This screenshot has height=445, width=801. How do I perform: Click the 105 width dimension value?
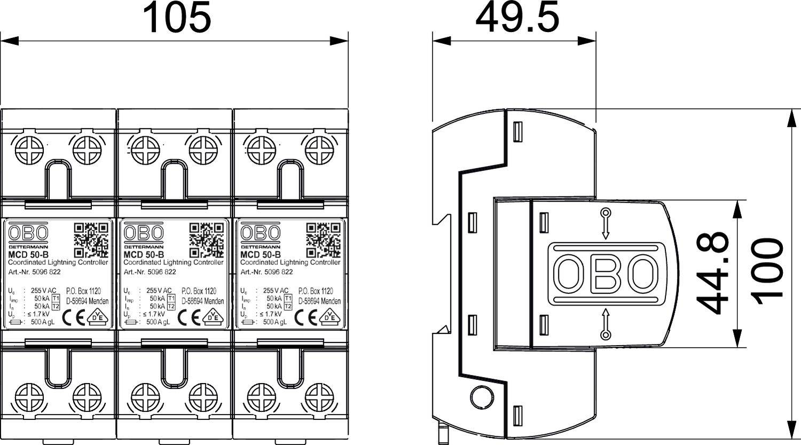(178, 18)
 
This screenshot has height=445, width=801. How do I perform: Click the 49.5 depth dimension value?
(517, 18)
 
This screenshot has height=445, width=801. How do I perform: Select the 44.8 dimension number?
(714, 272)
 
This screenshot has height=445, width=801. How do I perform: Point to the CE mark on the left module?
(72, 317)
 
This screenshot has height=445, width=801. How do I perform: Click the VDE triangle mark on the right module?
(331, 316)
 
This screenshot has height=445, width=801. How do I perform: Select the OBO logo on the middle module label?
(144, 233)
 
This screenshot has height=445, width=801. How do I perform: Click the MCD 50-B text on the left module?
(26, 255)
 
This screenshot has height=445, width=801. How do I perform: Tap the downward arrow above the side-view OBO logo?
(606, 223)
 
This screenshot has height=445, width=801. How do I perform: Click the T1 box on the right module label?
(287, 298)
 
